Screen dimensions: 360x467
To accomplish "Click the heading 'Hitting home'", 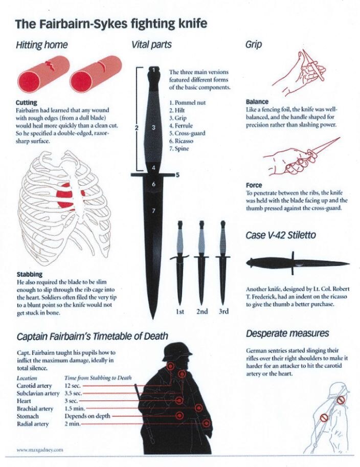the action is pyautogui.click(x=42, y=45).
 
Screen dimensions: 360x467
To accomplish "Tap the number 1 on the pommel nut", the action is pyautogui.click(x=153, y=70).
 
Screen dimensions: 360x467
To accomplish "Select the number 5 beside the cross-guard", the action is pyautogui.click(x=177, y=175).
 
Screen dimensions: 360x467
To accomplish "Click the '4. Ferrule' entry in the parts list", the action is pyautogui.click(x=181, y=126).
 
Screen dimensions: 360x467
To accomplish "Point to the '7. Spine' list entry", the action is pyautogui.click(x=179, y=149).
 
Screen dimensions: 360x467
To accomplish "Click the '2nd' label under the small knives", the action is pyautogui.click(x=202, y=312).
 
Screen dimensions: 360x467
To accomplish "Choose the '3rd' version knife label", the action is pyautogui.click(x=223, y=312).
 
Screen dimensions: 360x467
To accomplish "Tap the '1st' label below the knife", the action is pyautogui.click(x=180, y=312).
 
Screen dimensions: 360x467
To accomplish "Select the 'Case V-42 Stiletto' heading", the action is pyautogui.click(x=281, y=235).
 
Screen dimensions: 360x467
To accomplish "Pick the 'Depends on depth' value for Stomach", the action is pyautogui.click(x=87, y=416).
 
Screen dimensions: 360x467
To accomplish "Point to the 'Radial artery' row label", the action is pyautogui.click(x=32, y=424).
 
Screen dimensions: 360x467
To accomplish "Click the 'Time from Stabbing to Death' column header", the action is pyautogui.click(x=98, y=378).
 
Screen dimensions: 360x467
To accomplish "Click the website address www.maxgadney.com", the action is pyautogui.click(x=40, y=450).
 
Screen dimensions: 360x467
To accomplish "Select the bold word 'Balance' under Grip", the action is pyautogui.click(x=257, y=102).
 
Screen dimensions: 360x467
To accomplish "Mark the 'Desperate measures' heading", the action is pyautogui.click(x=287, y=333).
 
